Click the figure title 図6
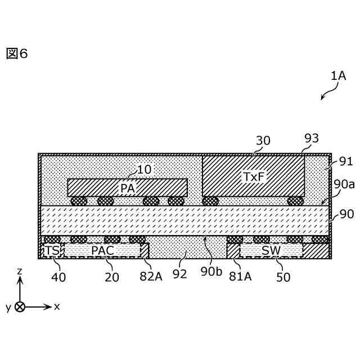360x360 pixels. pos(17,53)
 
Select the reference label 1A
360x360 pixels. pos(338,75)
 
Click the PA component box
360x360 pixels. pos(127,187)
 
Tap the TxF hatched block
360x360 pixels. pos(253,177)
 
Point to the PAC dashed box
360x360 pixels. pos(102,250)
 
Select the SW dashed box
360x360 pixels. pos(271,250)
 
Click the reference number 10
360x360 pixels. pos(144,169)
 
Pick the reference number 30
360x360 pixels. pos(263,141)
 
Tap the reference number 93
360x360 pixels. pos(311,138)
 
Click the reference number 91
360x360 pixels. pos(345,161)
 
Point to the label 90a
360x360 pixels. pos(344,184)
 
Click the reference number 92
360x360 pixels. pos(180,276)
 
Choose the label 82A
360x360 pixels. pos(151,276)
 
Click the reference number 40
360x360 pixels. pos(58,276)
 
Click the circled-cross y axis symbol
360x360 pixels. pos(20,307)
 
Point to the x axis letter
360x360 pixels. pos(57,307)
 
